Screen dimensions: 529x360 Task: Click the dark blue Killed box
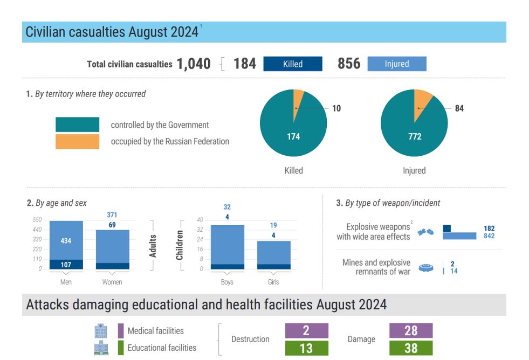tap(292, 64)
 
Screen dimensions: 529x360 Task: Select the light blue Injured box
tap(397, 64)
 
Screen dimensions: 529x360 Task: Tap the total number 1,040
tap(194, 64)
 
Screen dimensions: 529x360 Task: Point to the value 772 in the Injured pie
tap(415, 136)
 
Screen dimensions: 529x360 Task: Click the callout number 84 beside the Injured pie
tap(459, 108)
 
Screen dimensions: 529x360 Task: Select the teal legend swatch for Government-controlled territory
tap(77, 124)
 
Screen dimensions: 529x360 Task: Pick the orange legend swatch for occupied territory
tap(77, 142)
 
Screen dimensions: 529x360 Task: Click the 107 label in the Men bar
tap(66, 265)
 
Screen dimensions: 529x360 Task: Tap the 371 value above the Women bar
tap(112, 214)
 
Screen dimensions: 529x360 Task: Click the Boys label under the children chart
tap(227, 282)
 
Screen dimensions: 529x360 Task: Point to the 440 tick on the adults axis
tap(37, 230)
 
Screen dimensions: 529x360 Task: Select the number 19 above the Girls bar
tap(273, 225)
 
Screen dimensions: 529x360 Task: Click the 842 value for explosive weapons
tap(489, 236)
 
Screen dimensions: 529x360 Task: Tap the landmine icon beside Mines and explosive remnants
tap(426, 268)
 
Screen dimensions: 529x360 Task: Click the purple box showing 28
tap(411, 331)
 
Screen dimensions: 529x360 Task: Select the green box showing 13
tap(307, 348)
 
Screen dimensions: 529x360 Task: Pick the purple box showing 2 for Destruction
tap(307, 331)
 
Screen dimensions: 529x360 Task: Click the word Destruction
tap(250, 339)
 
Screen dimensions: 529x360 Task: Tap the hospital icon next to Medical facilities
tap(101, 331)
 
